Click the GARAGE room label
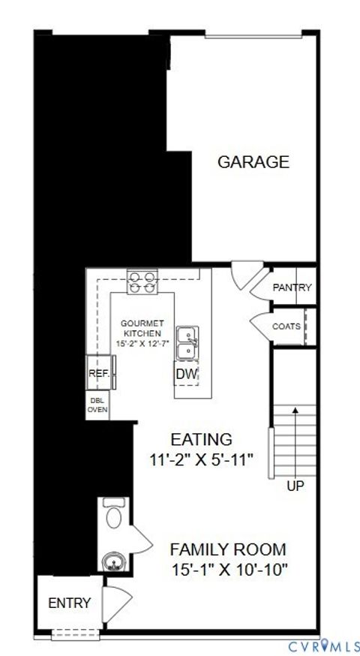point(253,162)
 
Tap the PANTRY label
point(292,287)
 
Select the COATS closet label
point(286,326)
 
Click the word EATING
point(201,440)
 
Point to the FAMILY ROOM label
point(227,549)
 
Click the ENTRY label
point(69,603)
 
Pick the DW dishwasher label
point(186,374)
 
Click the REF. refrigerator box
point(99,373)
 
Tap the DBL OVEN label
point(97,405)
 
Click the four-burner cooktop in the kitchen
point(142,281)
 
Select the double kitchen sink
point(187,342)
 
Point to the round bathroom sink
point(115,559)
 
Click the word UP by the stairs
point(295,486)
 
